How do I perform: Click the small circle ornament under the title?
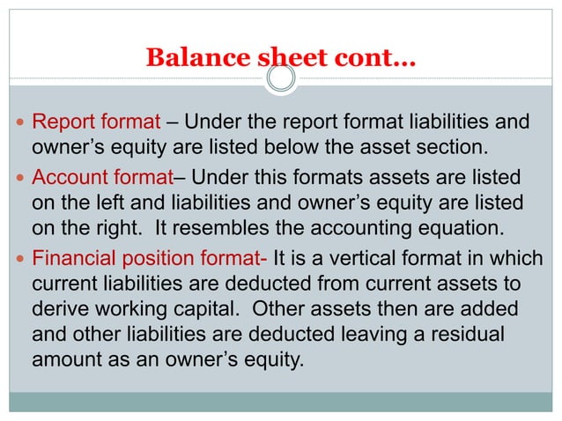(x=280, y=80)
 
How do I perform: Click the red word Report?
(x=60, y=122)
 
